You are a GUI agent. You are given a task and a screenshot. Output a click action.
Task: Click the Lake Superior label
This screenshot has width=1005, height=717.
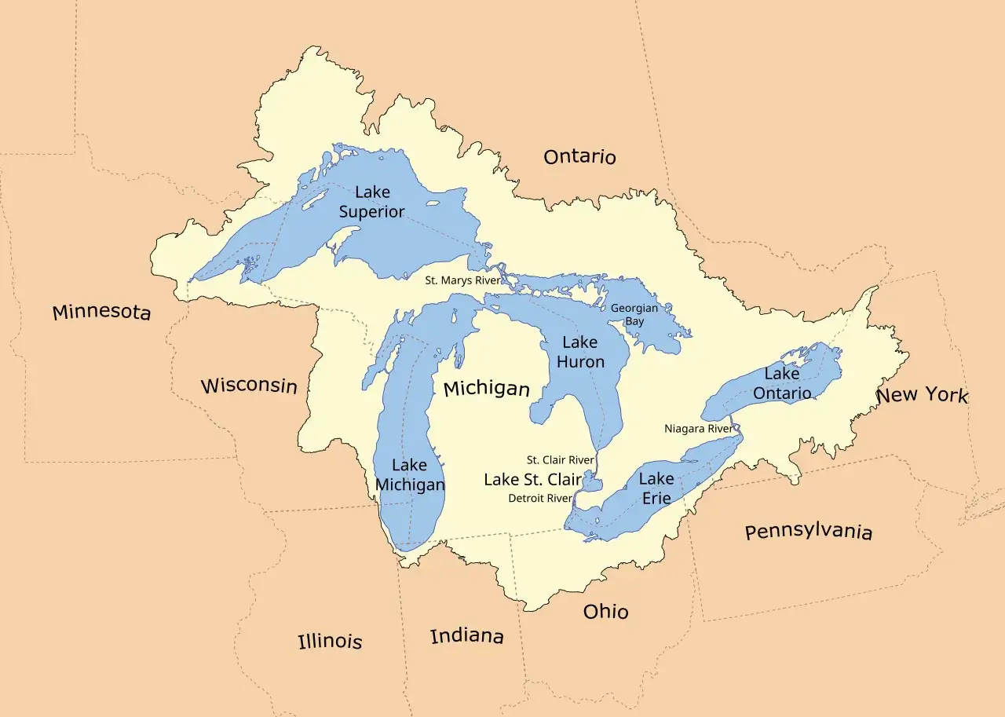[371, 202]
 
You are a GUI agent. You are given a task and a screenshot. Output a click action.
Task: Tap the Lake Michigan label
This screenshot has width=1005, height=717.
[409, 475]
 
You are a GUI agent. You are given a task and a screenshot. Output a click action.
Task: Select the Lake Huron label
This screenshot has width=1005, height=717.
[580, 352]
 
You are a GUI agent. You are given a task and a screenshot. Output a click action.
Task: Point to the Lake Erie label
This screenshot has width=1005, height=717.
[656, 488]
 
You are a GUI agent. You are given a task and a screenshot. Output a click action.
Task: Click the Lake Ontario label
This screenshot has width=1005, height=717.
[781, 383]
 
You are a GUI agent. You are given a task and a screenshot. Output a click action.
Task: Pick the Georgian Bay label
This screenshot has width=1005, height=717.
[634, 315]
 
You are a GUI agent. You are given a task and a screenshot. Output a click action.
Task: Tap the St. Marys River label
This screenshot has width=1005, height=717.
[462, 280]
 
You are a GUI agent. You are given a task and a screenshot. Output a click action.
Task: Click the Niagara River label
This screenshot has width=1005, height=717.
[698, 429]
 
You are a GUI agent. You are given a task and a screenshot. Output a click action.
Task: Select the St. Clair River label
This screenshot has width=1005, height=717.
[560, 460]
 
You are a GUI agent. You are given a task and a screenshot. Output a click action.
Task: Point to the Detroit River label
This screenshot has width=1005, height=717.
[540, 499]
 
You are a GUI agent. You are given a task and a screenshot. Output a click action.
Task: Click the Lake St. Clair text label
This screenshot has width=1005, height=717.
[532, 479]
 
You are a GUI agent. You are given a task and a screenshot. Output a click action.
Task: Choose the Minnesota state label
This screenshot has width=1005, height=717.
[101, 312]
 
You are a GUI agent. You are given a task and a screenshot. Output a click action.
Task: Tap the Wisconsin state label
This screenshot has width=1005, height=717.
[249, 386]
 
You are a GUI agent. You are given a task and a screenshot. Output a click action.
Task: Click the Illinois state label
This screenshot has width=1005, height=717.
[330, 641]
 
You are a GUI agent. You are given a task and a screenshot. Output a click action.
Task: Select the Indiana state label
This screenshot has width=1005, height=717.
[466, 635]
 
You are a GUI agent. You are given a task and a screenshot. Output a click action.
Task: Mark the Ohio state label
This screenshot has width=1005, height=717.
[605, 611]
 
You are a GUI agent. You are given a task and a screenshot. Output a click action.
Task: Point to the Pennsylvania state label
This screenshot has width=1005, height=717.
[808, 532]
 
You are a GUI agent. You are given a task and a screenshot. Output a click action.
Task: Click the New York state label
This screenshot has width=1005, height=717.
[922, 394]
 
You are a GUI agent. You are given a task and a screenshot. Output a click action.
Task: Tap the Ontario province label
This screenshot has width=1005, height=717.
[579, 157]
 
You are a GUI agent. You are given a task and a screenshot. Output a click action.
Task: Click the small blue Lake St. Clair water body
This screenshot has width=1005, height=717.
[591, 481]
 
